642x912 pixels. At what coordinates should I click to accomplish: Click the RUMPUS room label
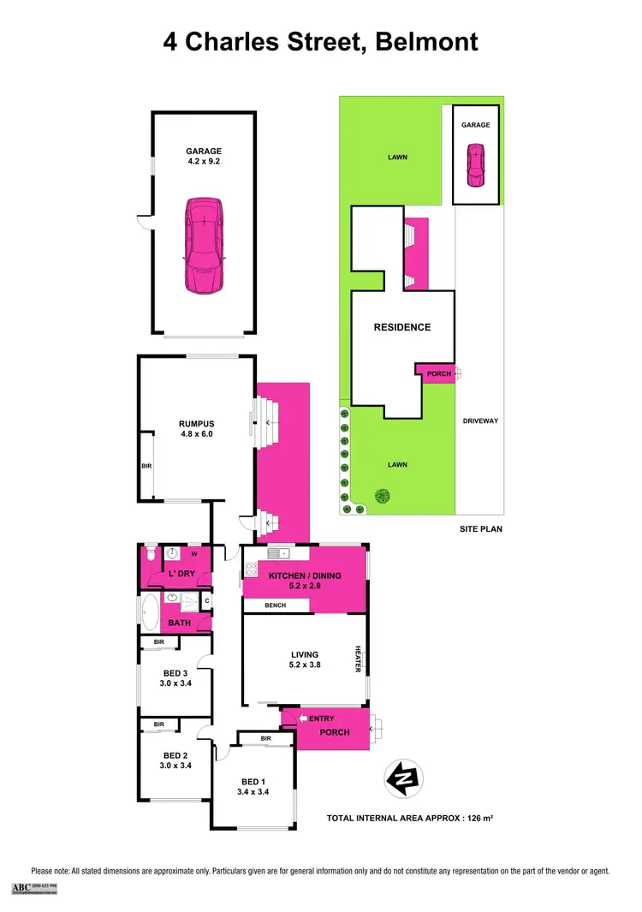[195, 423]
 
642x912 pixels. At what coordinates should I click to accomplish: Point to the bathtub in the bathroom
[150, 612]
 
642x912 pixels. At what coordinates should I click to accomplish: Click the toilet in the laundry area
[150, 554]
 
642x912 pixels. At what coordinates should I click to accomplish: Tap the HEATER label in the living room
[360, 658]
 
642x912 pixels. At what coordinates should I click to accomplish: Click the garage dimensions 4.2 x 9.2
[203, 161]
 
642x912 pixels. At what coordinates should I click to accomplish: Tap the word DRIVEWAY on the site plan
[480, 421]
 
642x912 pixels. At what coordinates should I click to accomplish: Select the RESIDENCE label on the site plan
[401, 327]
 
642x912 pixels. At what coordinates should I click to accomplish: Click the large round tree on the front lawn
[381, 496]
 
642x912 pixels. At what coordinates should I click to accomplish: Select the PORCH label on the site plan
[435, 374]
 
